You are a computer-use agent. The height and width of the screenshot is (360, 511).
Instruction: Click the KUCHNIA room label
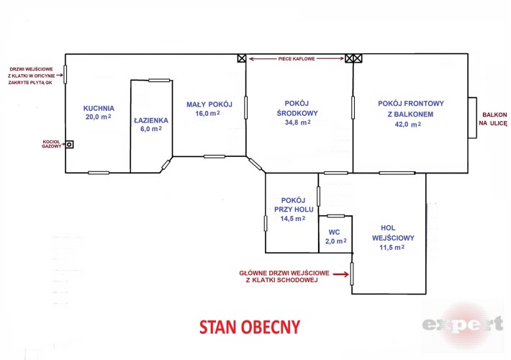99,108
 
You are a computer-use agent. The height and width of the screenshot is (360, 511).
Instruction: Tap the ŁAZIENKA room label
151,120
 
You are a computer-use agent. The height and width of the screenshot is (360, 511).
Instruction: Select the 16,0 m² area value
207,114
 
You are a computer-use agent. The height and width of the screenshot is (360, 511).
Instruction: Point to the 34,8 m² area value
297,122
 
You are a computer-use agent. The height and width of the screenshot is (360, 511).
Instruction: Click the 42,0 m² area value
407,125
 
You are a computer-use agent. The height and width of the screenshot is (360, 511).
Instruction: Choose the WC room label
335,232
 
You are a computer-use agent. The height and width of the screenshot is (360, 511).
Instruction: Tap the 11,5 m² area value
392,248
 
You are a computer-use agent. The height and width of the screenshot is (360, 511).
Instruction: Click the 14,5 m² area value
293,219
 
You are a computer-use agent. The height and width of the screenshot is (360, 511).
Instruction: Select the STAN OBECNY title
250,327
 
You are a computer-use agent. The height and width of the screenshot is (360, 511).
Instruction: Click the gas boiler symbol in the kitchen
69,144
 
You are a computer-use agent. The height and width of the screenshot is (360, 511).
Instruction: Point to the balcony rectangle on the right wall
473,117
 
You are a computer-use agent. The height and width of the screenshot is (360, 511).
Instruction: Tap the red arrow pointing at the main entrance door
341,274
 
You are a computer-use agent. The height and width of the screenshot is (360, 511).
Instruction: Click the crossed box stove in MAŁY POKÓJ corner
242,58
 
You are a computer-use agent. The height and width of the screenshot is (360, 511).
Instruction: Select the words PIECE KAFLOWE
297,59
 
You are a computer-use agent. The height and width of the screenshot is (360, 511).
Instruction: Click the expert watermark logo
463,325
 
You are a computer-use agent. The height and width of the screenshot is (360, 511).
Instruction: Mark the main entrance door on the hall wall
352,274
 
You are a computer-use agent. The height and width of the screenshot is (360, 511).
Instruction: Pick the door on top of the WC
335,216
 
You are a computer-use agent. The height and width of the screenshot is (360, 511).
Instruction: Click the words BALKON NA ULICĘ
493,119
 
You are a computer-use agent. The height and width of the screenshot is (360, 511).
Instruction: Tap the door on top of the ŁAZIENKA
159,80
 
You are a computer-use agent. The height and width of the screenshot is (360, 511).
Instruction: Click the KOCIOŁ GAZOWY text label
52,144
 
